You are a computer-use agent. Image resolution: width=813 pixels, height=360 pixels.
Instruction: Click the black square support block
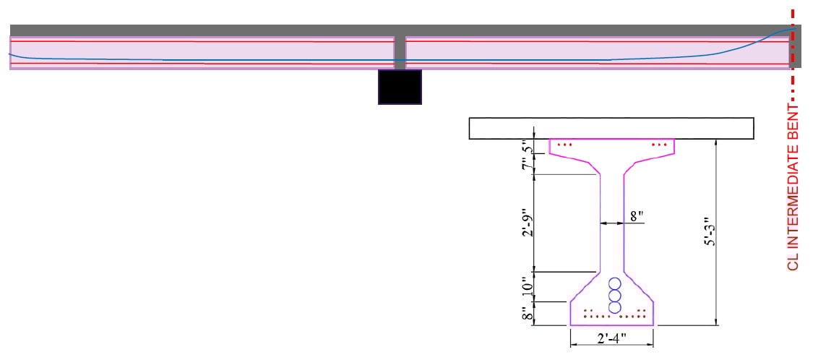(x=400, y=87)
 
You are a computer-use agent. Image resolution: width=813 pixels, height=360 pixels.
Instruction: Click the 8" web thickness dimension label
(x=636, y=216)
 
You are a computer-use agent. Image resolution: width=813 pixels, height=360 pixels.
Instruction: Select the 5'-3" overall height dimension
(x=711, y=232)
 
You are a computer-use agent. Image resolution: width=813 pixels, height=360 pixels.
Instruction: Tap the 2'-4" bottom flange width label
(x=611, y=338)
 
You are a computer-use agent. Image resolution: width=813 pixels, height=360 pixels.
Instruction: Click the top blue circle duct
(x=615, y=284)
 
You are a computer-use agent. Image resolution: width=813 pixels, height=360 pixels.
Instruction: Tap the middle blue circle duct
(x=615, y=296)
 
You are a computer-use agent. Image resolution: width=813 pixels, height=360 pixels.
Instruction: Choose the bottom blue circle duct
(x=615, y=307)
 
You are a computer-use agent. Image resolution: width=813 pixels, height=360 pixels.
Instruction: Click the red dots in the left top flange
(x=565, y=145)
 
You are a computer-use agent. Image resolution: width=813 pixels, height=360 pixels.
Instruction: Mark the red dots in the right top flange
(x=659, y=145)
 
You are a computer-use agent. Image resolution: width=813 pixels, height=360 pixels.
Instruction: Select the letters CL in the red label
(x=793, y=262)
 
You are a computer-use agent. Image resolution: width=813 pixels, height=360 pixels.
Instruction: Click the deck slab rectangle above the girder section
(x=611, y=128)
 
